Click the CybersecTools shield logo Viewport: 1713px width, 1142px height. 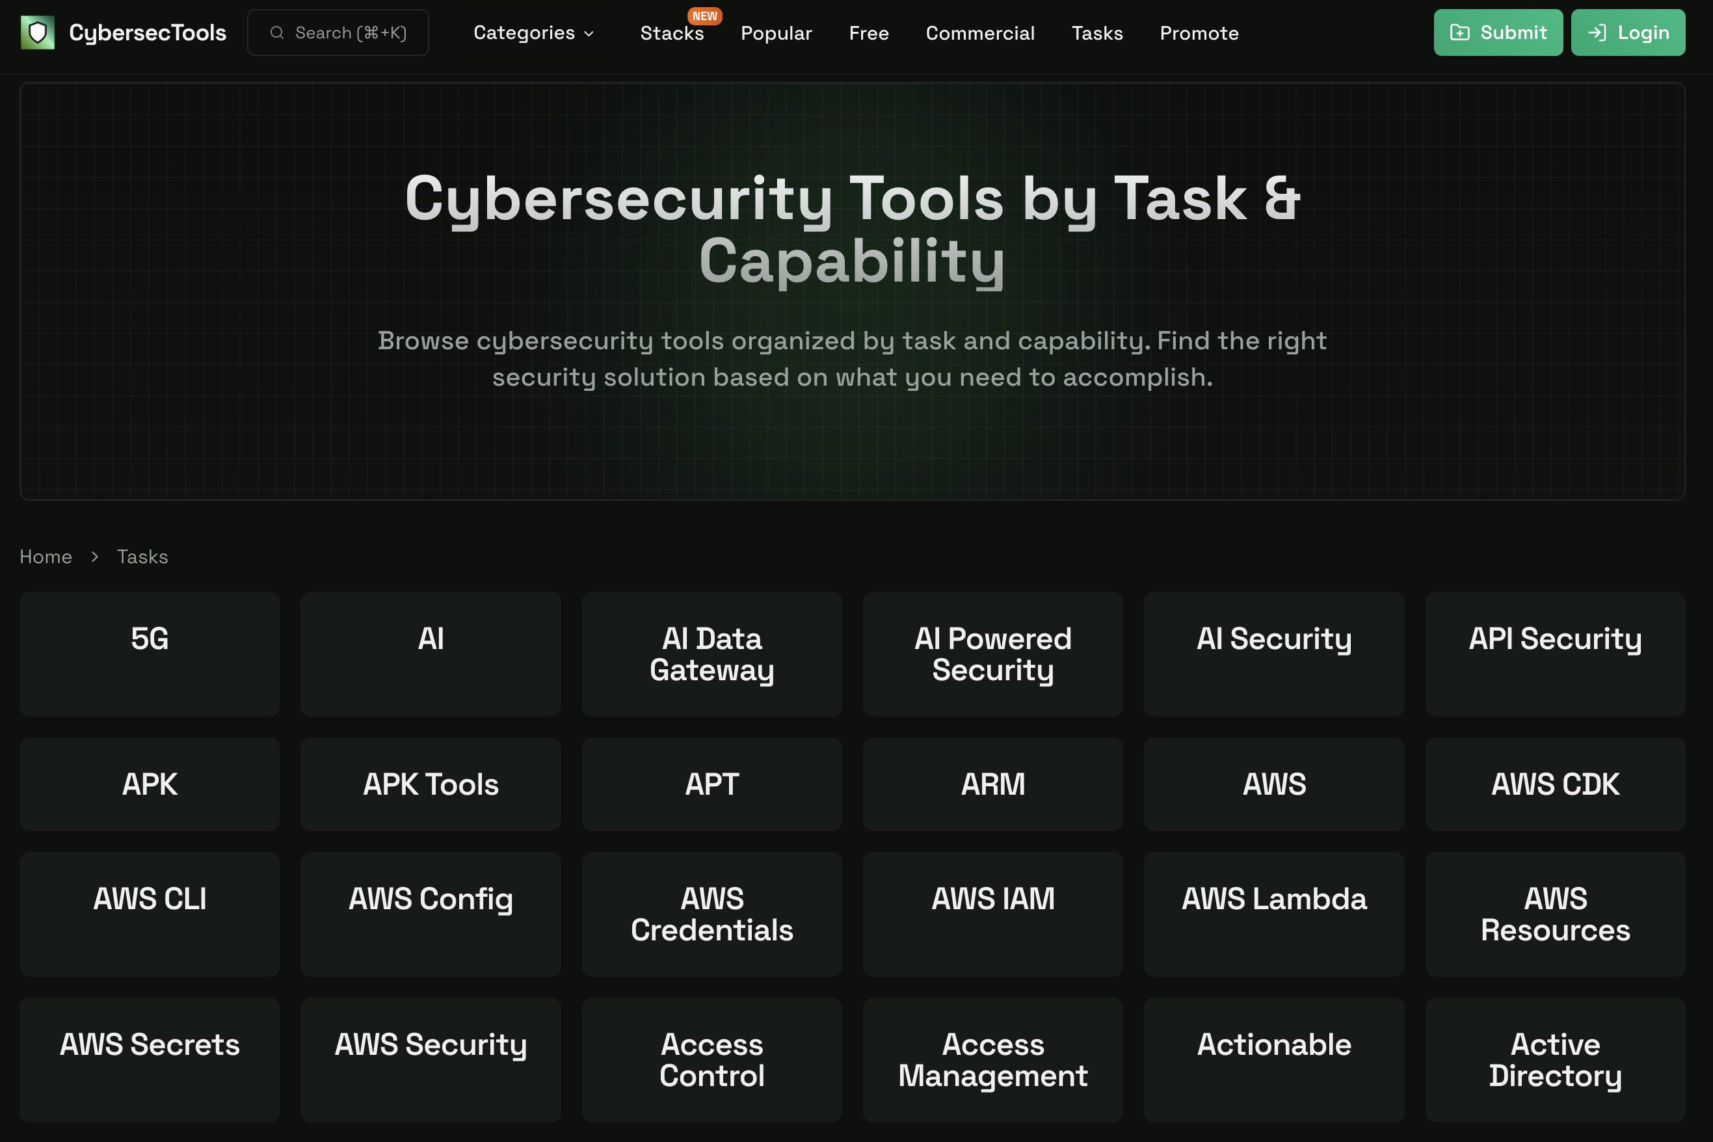[x=37, y=33]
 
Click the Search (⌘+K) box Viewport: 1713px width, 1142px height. [x=338, y=33]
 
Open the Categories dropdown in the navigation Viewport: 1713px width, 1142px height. [x=534, y=33]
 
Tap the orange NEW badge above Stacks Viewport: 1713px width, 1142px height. [x=704, y=16]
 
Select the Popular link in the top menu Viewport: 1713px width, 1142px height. [x=776, y=33]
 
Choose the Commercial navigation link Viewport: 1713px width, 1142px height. [x=979, y=33]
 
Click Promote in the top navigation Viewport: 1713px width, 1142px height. [x=1199, y=33]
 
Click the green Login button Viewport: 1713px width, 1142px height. [x=1627, y=33]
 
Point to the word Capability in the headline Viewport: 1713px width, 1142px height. [x=852, y=261]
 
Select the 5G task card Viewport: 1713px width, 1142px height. [x=150, y=654]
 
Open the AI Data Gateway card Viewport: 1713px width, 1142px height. [x=711, y=654]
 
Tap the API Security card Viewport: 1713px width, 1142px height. [x=1555, y=654]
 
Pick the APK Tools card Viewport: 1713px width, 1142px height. [x=431, y=784]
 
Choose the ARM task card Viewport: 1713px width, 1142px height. [x=992, y=784]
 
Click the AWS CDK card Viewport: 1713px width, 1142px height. [x=1555, y=784]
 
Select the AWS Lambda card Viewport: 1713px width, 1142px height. [x=1274, y=913]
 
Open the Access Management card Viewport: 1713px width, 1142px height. [x=992, y=1059]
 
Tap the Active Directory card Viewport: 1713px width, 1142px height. [x=1555, y=1059]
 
